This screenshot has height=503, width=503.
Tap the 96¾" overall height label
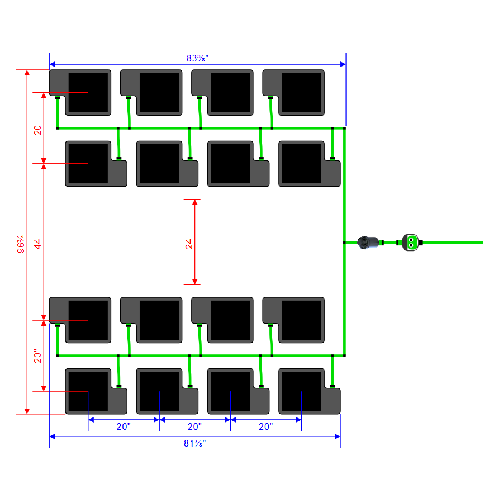point(21,243)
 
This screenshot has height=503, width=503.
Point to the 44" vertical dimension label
point(38,243)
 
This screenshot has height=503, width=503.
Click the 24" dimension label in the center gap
point(189,243)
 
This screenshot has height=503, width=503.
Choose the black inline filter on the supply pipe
point(369,242)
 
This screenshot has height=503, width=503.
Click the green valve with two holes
point(411,242)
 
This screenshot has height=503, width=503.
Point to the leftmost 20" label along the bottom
point(124,426)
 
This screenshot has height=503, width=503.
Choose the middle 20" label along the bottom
point(194,426)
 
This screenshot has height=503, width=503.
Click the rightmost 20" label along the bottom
point(265,426)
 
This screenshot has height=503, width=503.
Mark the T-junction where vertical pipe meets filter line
point(344,243)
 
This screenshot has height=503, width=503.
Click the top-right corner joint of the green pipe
point(344,129)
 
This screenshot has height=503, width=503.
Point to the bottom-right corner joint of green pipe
point(344,355)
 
